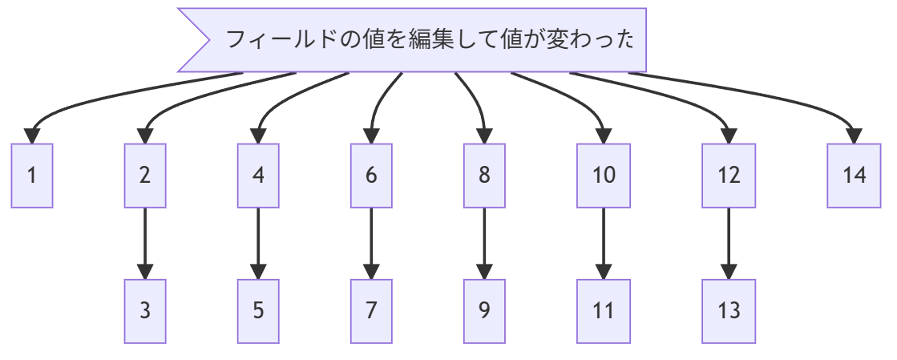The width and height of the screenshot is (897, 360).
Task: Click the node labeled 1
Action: click(32, 176)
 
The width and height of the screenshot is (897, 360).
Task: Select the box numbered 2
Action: click(145, 176)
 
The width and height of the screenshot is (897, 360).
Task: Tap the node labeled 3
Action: click(145, 311)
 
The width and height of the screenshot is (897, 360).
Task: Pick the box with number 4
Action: click(258, 176)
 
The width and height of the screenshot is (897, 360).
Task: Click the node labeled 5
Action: click(258, 311)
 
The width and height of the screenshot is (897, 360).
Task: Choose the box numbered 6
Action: click(371, 176)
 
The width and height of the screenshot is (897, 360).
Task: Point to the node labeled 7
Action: click(371, 311)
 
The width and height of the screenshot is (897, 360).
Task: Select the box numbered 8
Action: click(484, 176)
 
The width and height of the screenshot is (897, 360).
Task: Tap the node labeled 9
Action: click(484, 311)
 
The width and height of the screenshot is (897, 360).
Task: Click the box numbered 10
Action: click(604, 176)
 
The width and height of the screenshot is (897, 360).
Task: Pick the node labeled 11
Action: click(604, 311)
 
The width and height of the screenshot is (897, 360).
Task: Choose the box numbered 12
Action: click(729, 176)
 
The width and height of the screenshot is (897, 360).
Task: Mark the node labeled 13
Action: click(729, 311)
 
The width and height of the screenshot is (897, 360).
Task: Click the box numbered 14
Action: click(855, 176)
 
